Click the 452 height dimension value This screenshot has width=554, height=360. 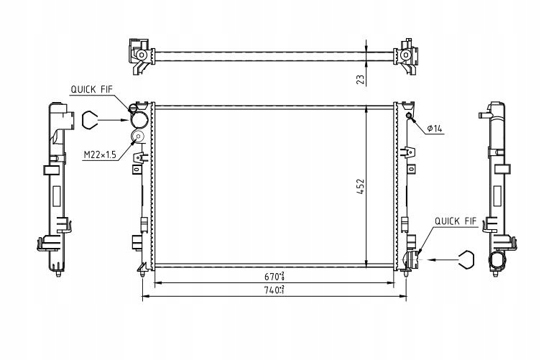pyautogui.click(x=360, y=187)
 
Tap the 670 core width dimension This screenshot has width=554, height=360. pyautogui.click(x=274, y=275)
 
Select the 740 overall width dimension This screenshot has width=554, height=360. pyautogui.click(x=274, y=290)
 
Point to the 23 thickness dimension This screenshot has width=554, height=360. pyautogui.click(x=361, y=80)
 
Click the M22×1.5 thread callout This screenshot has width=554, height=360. pyautogui.click(x=100, y=154)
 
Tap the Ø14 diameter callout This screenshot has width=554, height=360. pyautogui.click(x=435, y=129)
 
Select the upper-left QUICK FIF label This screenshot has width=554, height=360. pyautogui.click(x=91, y=89)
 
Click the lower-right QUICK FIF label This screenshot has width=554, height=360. pyautogui.click(x=456, y=221)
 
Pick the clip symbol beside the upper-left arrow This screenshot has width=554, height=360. pyautogui.click(x=89, y=120)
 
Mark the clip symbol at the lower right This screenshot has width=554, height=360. pyautogui.click(x=466, y=259)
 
